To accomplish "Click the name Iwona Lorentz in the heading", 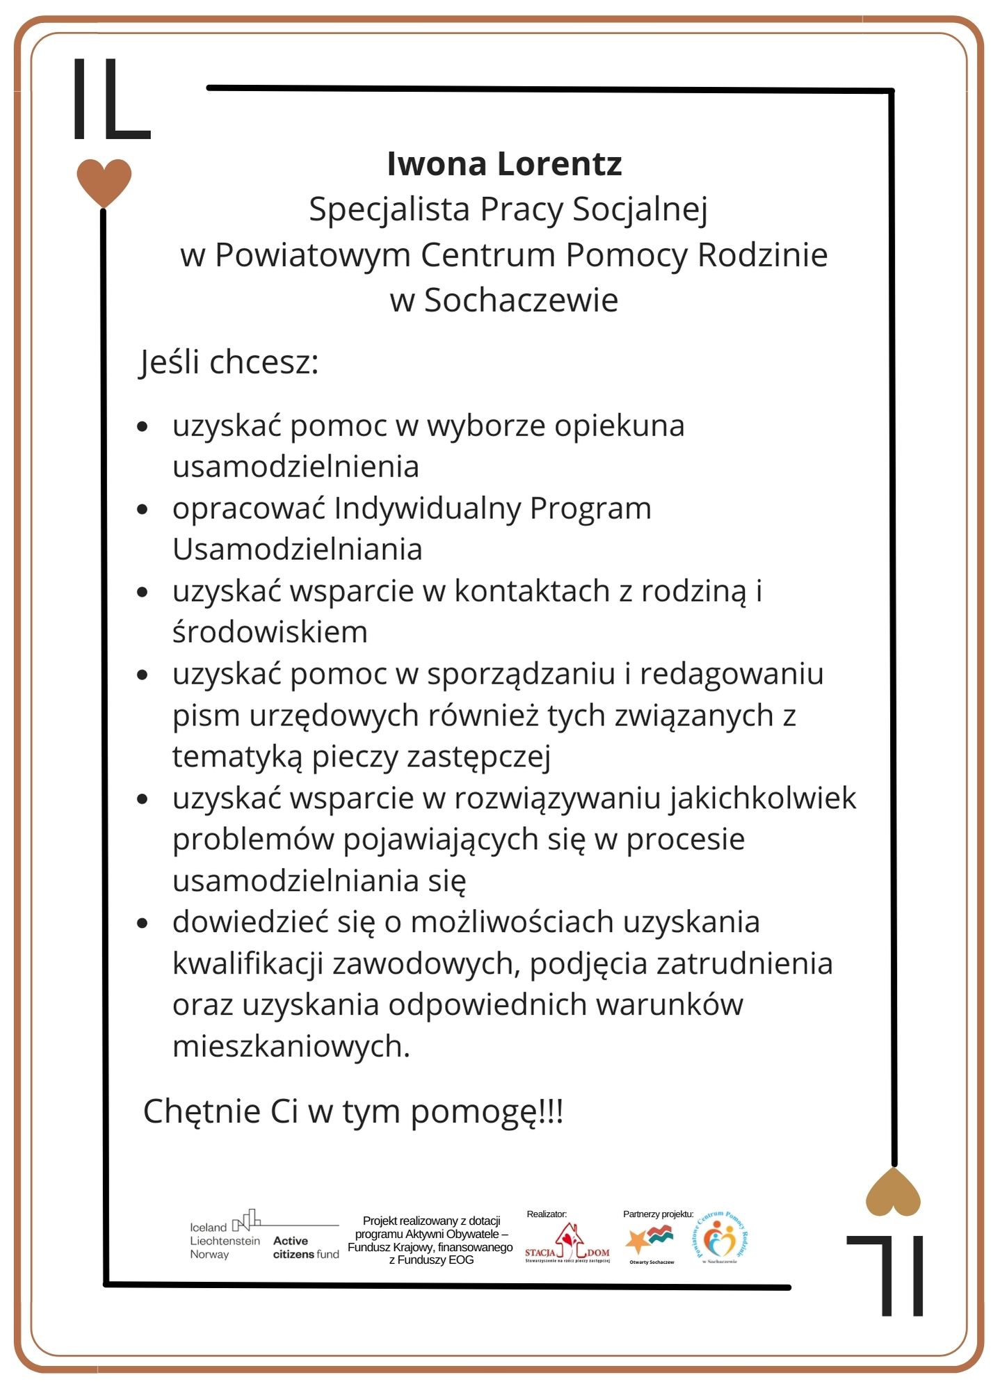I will coord(503,164).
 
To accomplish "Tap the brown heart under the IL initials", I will coord(104,182).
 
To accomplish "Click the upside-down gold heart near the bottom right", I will coord(893,1193).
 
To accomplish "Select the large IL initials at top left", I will coord(111,99).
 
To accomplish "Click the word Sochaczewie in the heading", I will coord(521,300).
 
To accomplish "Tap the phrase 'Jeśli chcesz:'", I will coord(229,362).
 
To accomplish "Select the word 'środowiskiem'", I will coord(270,632).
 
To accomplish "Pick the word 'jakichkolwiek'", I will coord(763,798).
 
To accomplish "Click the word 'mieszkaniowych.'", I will coord(291,1046).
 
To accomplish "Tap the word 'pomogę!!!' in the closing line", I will coord(487,1111).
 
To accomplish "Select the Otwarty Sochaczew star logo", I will coord(650,1241).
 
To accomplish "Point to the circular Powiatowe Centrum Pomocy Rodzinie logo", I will coord(720,1239).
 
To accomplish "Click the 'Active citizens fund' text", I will coord(306,1248).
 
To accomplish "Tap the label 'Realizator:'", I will coord(547,1214).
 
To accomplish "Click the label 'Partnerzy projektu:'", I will coord(658,1214).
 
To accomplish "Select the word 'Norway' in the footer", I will coord(209,1255).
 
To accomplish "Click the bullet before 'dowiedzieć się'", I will coord(143,924).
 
